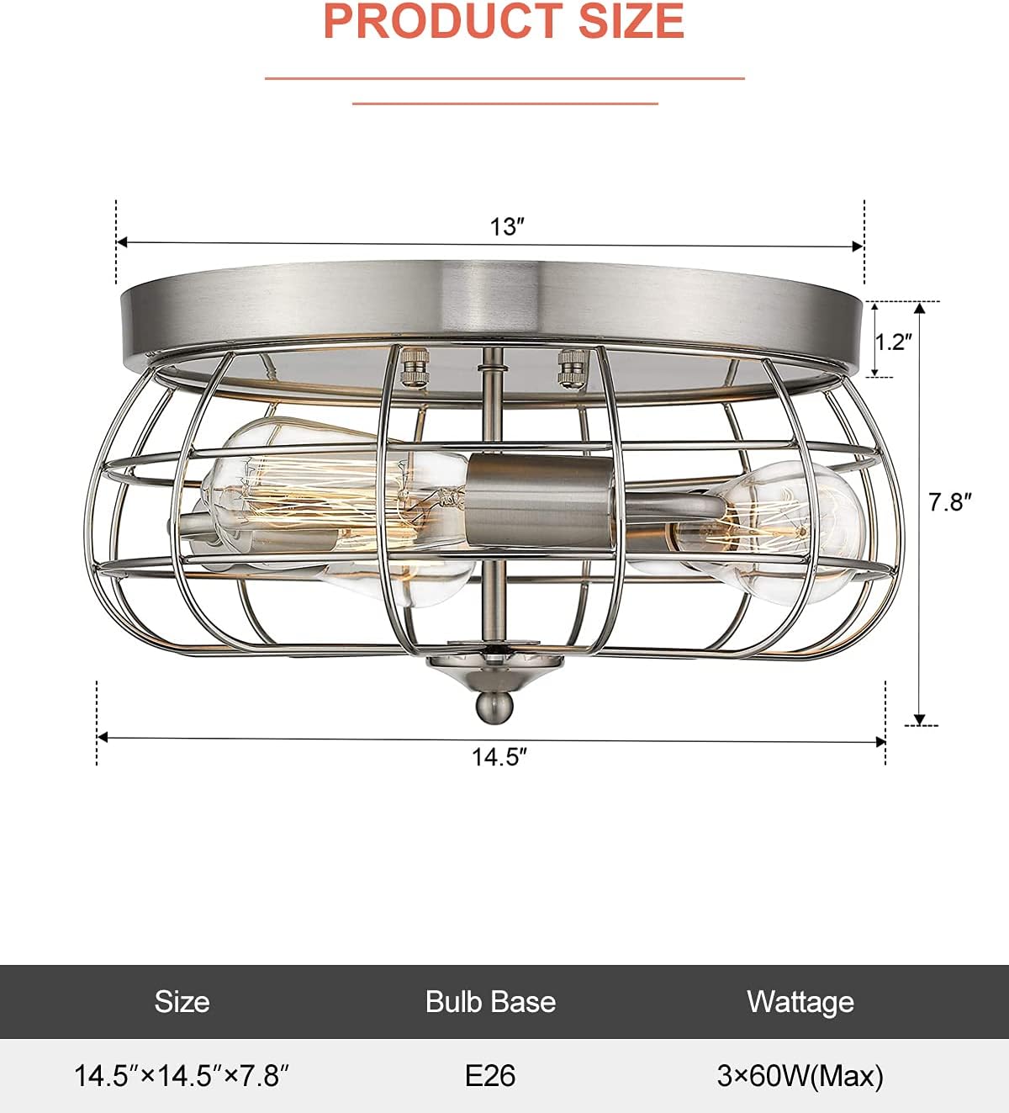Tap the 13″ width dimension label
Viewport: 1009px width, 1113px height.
tap(507, 227)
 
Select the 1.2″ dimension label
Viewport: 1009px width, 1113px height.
tap(893, 342)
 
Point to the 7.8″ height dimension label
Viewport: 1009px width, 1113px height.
tap(949, 502)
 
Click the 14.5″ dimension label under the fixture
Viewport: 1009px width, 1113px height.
tap(498, 757)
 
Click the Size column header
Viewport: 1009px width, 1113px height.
tap(182, 1001)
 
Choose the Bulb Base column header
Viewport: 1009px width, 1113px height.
tap(490, 1001)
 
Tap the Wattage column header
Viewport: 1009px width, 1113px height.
tap(800, 1001)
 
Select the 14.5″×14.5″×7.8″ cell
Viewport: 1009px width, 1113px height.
tap(182, 1075)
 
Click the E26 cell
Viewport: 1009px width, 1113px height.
tap(490, 1075)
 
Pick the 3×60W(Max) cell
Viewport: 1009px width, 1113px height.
tap(800, 1075)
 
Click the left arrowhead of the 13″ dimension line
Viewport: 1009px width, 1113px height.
tap(122, 242)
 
